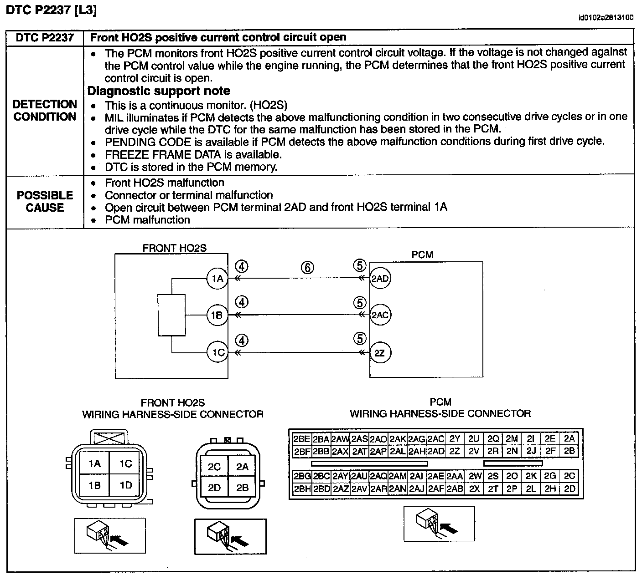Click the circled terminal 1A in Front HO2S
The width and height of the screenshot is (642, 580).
(217, 279)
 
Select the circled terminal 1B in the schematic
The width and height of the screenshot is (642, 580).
(217, 315)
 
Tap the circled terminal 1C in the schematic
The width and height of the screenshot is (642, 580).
(217, 352)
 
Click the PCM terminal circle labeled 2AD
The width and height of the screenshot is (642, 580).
(380, 279)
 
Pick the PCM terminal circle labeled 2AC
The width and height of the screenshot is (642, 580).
(380, 315)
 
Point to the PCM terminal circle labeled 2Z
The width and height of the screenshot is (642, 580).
(380, 353)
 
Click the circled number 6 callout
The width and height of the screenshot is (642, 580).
(307, 267)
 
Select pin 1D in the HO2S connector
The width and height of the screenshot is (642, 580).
(125, 485)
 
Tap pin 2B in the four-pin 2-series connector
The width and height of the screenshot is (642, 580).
(242, 488)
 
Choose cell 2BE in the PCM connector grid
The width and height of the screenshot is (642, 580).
(301, 439)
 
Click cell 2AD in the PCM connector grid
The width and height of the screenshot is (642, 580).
(436, 451)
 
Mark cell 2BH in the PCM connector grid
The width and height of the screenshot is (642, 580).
(301, 489)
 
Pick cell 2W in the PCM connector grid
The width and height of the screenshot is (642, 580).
(475, 476)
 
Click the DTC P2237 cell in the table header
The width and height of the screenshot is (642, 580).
(45, 37)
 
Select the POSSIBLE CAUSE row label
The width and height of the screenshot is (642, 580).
(45, 201)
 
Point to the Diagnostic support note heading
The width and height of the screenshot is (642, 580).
(159, 91)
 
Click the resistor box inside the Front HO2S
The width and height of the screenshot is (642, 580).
(171, 315)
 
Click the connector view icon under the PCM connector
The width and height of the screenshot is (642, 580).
(439, 524)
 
